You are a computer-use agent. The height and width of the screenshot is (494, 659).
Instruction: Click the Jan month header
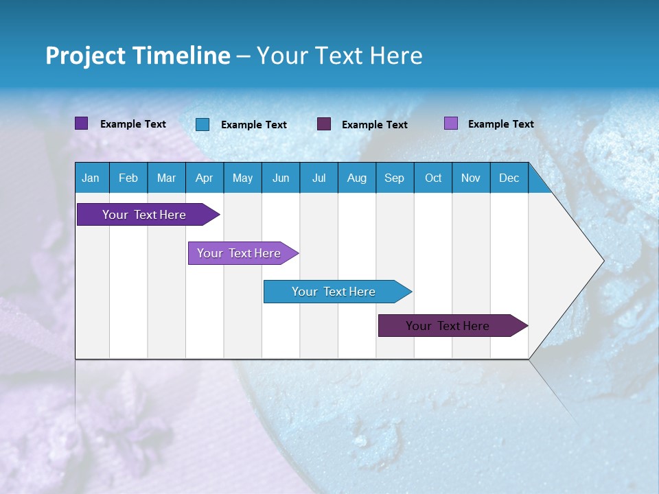tap(91, 178)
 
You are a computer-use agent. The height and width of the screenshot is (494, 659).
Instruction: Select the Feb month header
tap(128, 178)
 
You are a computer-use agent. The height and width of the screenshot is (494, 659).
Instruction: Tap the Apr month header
tap(204, 178)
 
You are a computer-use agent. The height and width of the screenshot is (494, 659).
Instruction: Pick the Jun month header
tap(281, 178)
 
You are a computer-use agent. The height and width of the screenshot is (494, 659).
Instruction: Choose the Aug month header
tap(356, 178)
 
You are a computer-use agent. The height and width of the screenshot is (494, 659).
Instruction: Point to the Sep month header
tap(394, 178)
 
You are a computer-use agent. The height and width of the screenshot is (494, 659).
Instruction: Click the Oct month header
tap(433, 178)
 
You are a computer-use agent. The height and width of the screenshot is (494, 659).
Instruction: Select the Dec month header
tap(509, 178)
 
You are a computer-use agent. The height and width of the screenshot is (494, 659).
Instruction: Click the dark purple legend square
tap(82, 123)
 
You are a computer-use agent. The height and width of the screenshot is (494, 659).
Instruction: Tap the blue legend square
tap(203, 124)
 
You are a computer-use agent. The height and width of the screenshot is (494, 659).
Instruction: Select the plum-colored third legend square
tap(324, 124)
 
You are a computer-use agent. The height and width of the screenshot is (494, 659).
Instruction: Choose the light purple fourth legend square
tap(451, 123)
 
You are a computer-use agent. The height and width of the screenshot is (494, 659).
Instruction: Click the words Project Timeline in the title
tap(138, 56)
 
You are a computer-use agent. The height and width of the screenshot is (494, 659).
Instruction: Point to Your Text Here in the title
tap(339, 56)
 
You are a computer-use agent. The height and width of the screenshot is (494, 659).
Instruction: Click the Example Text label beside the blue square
tap(254, 125)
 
